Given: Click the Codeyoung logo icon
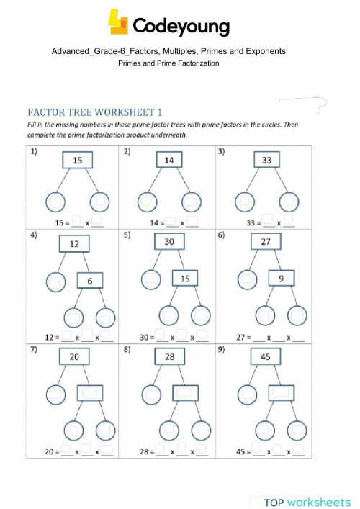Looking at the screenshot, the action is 119,22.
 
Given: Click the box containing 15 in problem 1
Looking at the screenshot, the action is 78,160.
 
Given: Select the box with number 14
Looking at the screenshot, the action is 168,160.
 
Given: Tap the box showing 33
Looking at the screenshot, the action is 266,160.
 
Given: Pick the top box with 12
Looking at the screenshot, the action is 73,245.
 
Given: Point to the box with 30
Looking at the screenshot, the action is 169,242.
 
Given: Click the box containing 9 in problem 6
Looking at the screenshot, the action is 282,278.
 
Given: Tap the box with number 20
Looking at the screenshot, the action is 74,357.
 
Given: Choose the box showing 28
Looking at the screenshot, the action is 169,357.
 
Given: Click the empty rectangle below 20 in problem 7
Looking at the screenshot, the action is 91,393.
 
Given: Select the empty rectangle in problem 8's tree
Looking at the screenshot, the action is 186,393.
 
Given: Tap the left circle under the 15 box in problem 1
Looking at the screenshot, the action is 55,202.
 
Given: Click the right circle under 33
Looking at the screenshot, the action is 289,202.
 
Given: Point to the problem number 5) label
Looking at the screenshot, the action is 127,235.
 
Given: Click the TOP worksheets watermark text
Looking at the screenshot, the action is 307,502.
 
